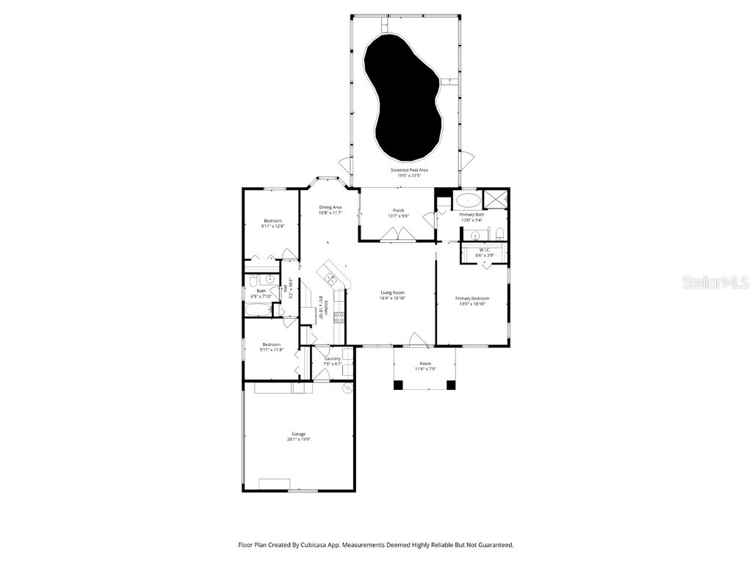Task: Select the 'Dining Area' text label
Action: (x=330, y=207)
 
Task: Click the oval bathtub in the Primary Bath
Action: (x=467, y=199)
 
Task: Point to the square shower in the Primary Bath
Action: (x=495, y=198)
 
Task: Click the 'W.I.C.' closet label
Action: (x=485, y=250)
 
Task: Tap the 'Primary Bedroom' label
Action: (x=471, y=298)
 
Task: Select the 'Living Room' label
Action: (x=392, y=292)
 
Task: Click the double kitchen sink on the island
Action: (x=330, y=278)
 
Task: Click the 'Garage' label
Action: (x=298, y=434)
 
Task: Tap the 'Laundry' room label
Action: (x=333, y=358)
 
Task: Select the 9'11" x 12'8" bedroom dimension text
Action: (x=272, y=227)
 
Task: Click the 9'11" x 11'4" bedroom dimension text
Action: (x=272, y=350)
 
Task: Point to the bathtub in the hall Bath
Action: (x=258, y=312)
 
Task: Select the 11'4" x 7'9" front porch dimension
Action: (x=424, y=369)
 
